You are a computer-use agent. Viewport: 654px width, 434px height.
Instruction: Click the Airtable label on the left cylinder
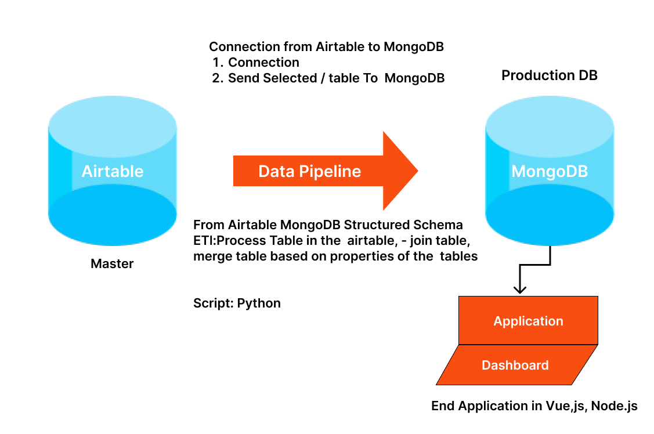pyautogui.click(x=113, y=171)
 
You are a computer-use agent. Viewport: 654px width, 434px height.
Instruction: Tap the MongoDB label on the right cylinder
pyautogui.click(x=550, y=172)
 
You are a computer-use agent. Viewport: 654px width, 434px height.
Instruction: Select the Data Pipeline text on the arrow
pyautogui.click(x=309, y=171)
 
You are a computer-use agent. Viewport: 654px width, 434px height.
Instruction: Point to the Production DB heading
pyautogui.click(x=550, y=75)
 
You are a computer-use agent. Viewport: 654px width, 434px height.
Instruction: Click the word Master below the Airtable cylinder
pyautogui.click(x=112, y=264)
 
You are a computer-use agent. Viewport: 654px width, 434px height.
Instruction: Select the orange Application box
pyautogui.click(x=528, y=321)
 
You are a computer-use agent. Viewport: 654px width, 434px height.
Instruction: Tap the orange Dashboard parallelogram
pyautogui.click(x=515, y=365)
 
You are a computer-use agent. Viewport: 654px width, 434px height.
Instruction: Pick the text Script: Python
pyautogui.click(x=237, y=303)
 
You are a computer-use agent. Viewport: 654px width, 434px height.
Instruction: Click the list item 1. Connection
pyautogui.click(x=256, y=63)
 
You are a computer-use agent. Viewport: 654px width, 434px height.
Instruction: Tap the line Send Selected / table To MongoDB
pyautogui.click(x=335, y=78)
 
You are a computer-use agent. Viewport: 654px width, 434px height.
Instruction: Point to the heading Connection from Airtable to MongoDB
pyautogui.click(x=326, y=47)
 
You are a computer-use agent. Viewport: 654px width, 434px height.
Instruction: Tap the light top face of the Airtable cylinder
pyautogui.click(x=113, y=125)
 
